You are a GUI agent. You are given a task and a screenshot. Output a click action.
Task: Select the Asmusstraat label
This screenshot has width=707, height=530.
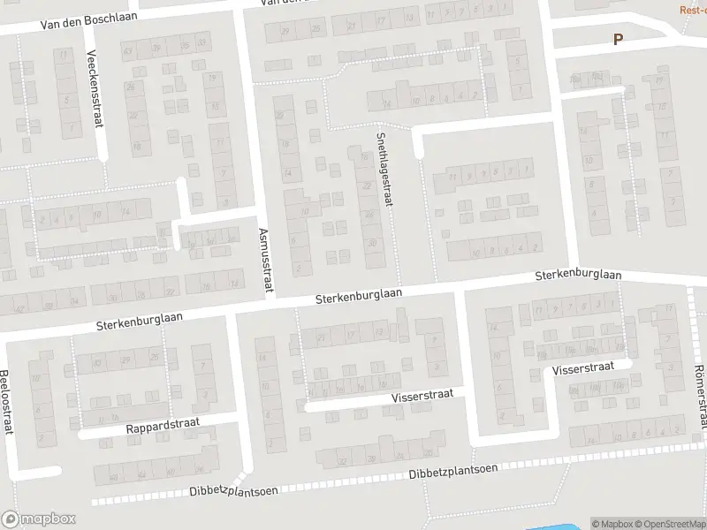click(x=266, y=261)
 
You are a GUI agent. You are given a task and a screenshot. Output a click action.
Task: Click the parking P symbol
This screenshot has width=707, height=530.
click(x=618, y=39)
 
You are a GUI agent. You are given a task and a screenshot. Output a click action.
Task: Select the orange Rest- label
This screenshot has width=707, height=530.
click(x=692, y=10)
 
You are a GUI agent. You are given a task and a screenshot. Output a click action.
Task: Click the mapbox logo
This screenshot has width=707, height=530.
click(x=38, y=519)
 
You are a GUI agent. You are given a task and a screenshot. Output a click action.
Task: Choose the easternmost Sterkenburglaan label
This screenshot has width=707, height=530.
click(x=578, y=276)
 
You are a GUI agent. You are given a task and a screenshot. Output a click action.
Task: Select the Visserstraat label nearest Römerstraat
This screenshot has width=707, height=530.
click(x=583, y=368)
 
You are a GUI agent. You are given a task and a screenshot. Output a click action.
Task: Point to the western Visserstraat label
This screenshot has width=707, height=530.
click(x=422, y=397)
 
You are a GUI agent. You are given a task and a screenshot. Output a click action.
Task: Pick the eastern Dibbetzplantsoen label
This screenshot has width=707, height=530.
click(x=452, y=473)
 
